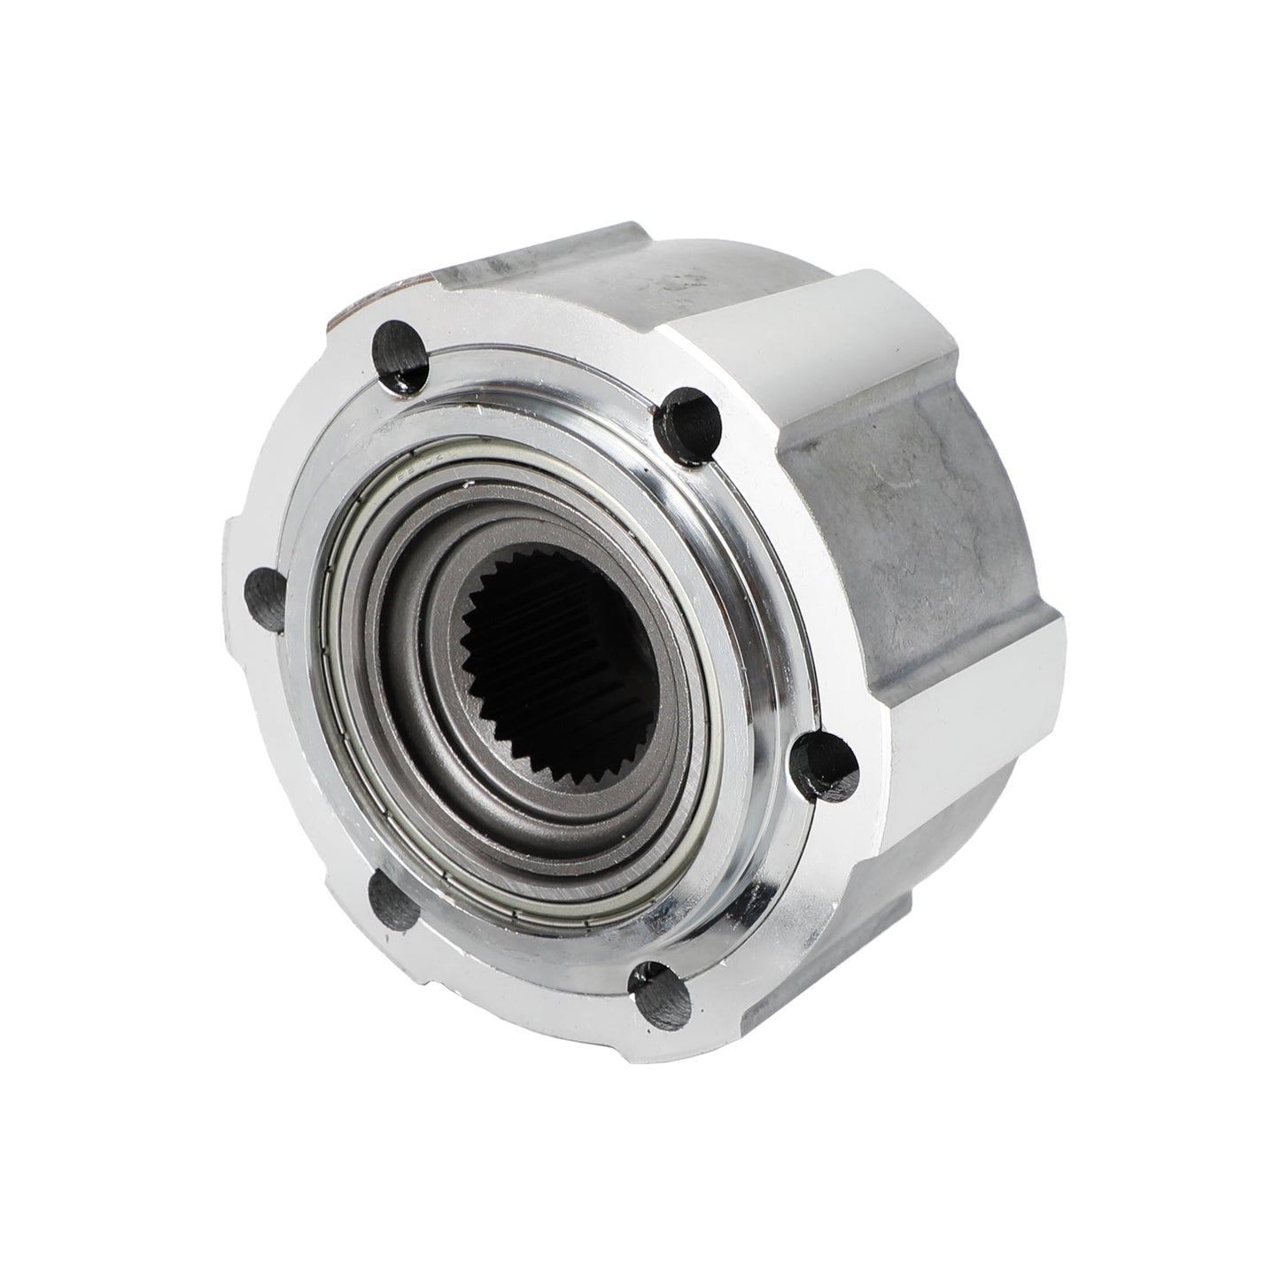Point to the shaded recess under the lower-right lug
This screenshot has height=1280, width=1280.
pos(886,904)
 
